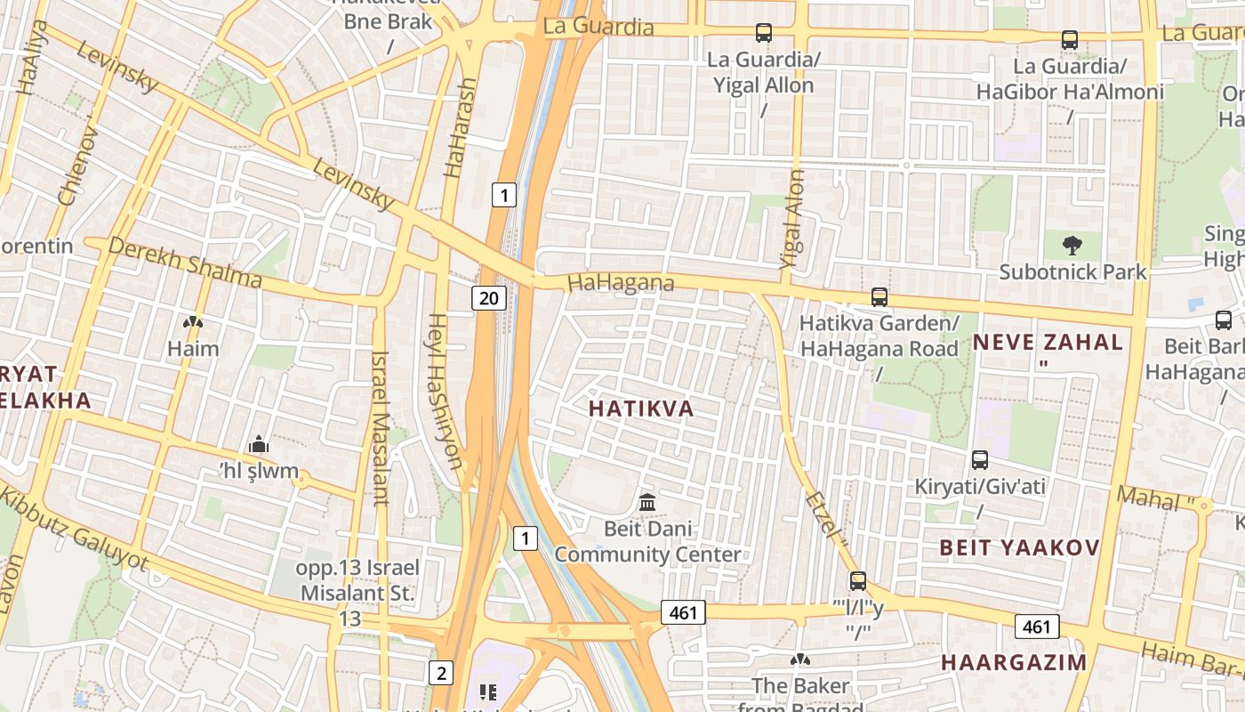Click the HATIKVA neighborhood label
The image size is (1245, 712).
click(640, 409)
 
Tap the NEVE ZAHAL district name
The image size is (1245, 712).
click(1048, 342)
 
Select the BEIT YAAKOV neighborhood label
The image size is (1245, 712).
click(1020, 547)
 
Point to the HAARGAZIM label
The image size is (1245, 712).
click(1014, 662)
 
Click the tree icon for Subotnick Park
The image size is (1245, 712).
click(1072, 245)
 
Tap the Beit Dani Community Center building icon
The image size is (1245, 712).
click(647, 502)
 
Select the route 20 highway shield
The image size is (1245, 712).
click(489, 297)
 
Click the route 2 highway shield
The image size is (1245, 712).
click(440, 673)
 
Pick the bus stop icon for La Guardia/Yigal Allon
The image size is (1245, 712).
click(763, 33)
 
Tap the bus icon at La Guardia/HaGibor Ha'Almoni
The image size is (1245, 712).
click(1069, 40)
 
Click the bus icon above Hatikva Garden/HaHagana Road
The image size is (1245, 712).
click(879, 296)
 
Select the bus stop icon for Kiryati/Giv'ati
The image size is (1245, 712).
click(979, 460)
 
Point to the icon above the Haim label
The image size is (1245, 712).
click(192, 322)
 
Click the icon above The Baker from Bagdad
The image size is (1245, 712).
click(800, 659)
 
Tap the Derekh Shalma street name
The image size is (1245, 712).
click(185, 263)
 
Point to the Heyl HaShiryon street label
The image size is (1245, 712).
click(446, 391)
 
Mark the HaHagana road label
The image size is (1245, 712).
click(620, 283)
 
